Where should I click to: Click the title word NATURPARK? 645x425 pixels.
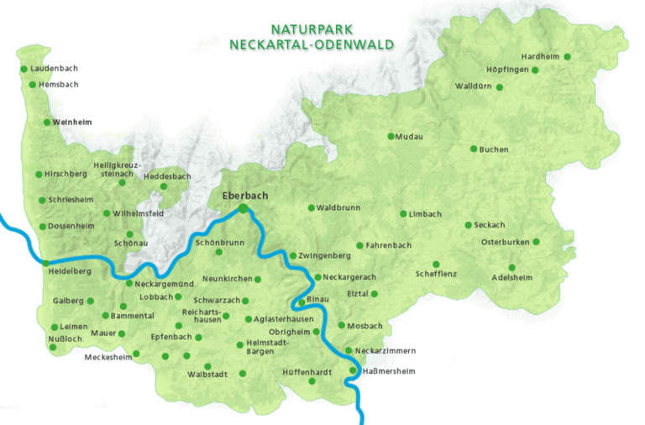point(312,29)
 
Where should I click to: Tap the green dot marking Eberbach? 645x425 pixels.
point(243,207)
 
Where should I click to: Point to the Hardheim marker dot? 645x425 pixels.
point(568,57)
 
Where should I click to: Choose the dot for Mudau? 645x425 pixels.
point(391,136)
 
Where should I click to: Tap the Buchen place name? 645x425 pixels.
point(494,150)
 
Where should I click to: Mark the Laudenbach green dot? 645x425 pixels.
point(24,68)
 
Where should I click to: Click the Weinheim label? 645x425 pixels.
point(71,122)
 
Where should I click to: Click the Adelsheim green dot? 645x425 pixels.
point(511,268)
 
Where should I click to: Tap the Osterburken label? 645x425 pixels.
point(504,242)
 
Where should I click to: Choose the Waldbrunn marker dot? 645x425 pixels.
point(311,207)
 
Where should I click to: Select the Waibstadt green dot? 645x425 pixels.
point(243,374)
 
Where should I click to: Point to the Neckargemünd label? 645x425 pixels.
point(165,284)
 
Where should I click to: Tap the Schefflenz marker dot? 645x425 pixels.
point(437,264)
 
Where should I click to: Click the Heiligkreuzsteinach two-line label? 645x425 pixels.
point(116,169)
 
